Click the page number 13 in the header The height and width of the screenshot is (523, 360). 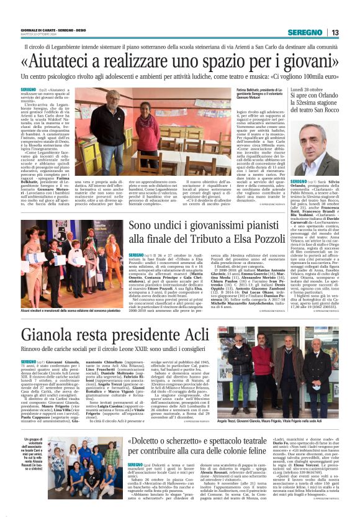click(335, 32)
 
